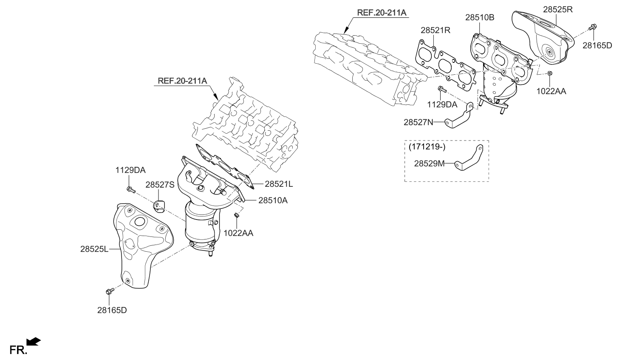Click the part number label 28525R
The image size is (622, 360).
click(557, 8)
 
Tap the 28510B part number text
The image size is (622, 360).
click(479, 17)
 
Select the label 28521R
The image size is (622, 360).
click(435, 30)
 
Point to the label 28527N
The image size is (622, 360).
click(418, 122)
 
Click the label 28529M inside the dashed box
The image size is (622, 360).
click(429, 163)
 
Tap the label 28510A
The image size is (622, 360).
click(272, 200)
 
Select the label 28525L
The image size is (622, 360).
click(94, 250)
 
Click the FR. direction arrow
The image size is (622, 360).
click(33, 342)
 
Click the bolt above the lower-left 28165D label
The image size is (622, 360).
click(108, 292)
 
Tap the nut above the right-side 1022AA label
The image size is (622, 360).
click(549, 73)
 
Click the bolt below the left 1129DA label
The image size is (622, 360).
click(130, 188)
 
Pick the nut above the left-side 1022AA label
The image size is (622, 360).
click(237, 217)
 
